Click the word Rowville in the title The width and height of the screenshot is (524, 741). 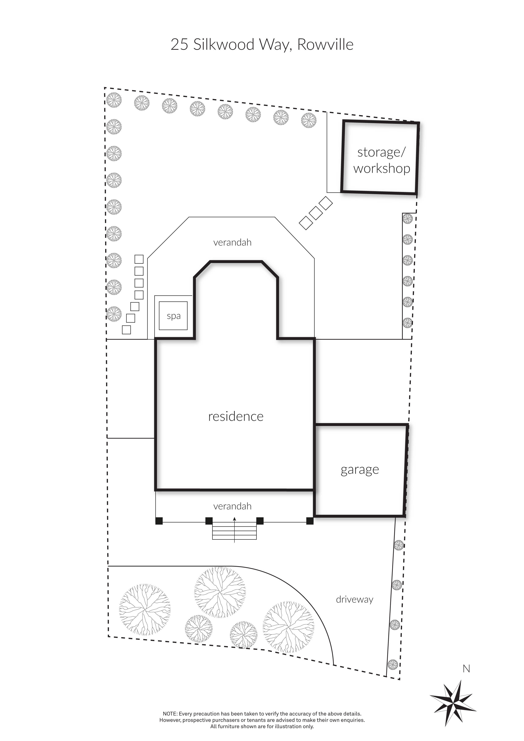click(325, 45)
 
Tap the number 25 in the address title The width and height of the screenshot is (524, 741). click(179, 45)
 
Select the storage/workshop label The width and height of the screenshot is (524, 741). click(381, 160)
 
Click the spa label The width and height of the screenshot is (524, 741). click(174, 316)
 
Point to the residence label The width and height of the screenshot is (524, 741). click(236, 416)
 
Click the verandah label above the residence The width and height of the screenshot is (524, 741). click(232, 242)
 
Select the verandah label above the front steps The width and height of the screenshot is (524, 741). click(232, 506)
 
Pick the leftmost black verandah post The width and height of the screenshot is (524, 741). click(159, 521)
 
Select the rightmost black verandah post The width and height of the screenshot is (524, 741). click(310, 521)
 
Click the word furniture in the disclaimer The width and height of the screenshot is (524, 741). click(229, 726)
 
